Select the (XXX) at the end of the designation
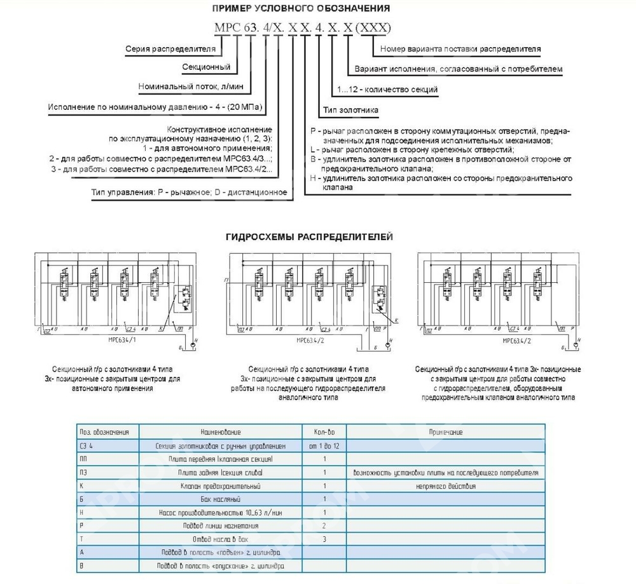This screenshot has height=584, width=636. pyautogui.click(x=372, y=28)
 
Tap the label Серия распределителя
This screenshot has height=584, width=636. pyautogui.click(x=170, y=48)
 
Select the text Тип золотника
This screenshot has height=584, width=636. pyautogui.click(x=352, y=109)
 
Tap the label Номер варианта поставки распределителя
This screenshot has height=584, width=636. pyautogui.click(x=460, y=48)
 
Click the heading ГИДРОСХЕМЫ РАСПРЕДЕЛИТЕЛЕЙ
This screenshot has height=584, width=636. pyautogui.click(x=310, y=237)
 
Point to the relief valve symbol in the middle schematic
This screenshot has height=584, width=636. pyautogui.click(x=381, y=298)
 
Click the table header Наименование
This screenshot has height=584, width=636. pyautogui.click(x=221, y=432)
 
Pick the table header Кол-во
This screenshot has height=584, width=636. pyautogui.click(x=324, y=432)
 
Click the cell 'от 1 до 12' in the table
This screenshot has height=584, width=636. pyautogui.click(x=324, y=446)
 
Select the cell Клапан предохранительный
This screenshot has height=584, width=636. pyautogui.click(x=221, y=486)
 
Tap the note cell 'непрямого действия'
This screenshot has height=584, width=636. pyautogui.click(x=445, y=486)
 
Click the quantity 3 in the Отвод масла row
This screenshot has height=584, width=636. pyautogui.click(x=324, y=539)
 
